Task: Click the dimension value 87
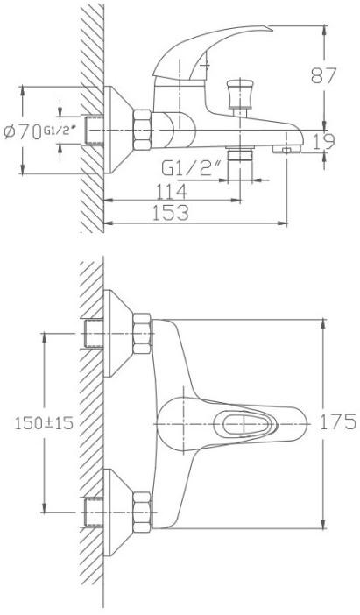[x=324, y=75]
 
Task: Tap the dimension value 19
[x=324, y=142]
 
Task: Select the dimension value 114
[x=172, y=192]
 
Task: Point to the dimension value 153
[x=171, y=213]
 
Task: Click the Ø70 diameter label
[x=23, y=131]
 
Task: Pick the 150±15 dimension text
[x=44, y=423]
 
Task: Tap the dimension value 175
[x=338, y=422]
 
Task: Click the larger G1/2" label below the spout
[x=191, y=169]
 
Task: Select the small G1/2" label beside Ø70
[x=60, y=130]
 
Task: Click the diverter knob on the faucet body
[x=239, y=94]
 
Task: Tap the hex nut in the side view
[x=142, y=130]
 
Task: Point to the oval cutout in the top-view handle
[x=245, y=424]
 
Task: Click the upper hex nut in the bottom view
[x=142, y=334]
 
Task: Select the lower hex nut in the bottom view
[x=142, y=512]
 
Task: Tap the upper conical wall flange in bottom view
[x=118, y=334]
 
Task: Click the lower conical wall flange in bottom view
[x=118, y=512]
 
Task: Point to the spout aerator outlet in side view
[x=286, y=149]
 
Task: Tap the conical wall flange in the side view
[x=118, y=130]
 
